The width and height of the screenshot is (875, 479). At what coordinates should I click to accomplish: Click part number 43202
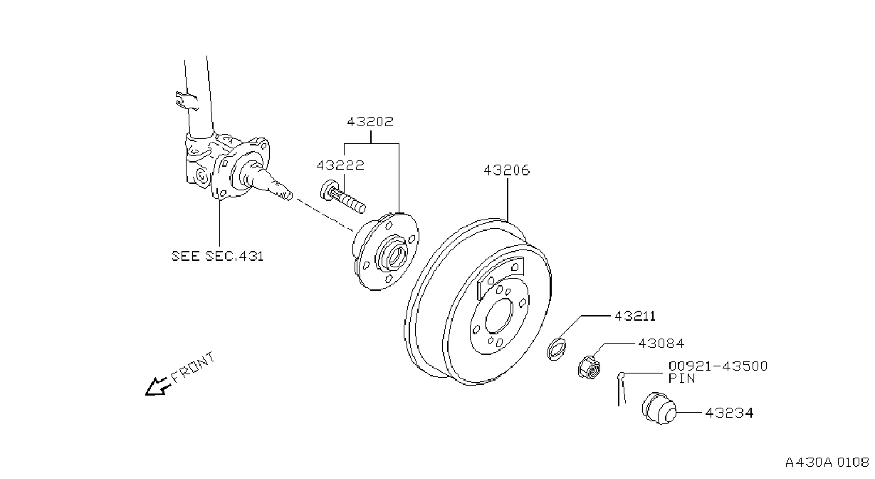click(370, 122)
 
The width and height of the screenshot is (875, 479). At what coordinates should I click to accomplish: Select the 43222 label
click(340, 165)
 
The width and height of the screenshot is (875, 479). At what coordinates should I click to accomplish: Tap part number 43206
click(507, 170)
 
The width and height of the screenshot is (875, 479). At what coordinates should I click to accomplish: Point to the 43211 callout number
click(635, 316)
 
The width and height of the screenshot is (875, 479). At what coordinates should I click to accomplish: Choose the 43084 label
click(661, 344)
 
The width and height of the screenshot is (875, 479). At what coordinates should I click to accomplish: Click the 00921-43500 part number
click(718, 366)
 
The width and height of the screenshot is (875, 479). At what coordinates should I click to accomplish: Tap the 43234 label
click(729, 413)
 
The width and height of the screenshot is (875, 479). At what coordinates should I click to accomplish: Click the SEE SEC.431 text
click(218, 256)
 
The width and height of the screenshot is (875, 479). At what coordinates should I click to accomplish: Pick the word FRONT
click(193, 367)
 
